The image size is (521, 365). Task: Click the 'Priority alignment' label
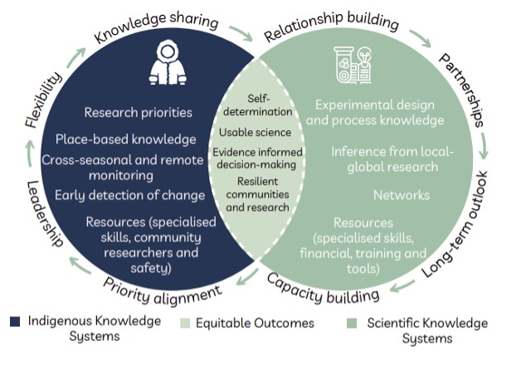click(x=163, y=286)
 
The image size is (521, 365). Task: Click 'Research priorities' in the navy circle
click(x=138, y=112)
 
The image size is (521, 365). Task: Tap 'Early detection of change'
click(x=130, y=195)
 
